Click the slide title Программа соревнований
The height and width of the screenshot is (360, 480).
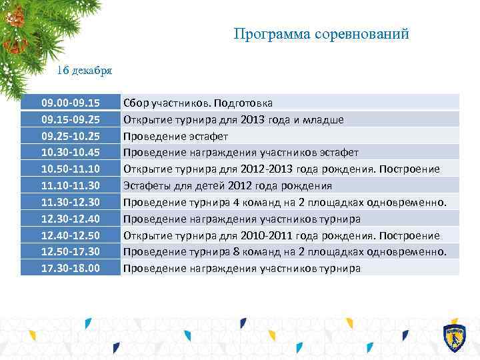(321, 34)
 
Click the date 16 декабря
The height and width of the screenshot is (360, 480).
(84, 69)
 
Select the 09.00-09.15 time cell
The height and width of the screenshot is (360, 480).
(71, 103)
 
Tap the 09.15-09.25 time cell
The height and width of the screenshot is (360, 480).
(71, 119)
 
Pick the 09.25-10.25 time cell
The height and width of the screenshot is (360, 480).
(71, 136)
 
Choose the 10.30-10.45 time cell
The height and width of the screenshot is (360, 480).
(71, 152)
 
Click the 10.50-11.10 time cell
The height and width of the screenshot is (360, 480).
(71, 169)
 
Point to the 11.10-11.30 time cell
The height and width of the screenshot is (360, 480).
(71, 185)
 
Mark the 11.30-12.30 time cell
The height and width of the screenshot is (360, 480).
(71, 202)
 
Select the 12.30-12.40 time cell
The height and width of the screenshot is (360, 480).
(71, 219)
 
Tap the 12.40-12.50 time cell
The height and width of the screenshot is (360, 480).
(71, 235)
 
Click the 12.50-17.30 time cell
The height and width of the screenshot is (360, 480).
(71, 251)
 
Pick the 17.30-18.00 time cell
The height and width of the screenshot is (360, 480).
(71, 268)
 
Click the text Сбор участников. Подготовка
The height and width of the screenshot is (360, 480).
(198, 103)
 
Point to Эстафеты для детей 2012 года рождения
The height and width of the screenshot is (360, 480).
(227, 185)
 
